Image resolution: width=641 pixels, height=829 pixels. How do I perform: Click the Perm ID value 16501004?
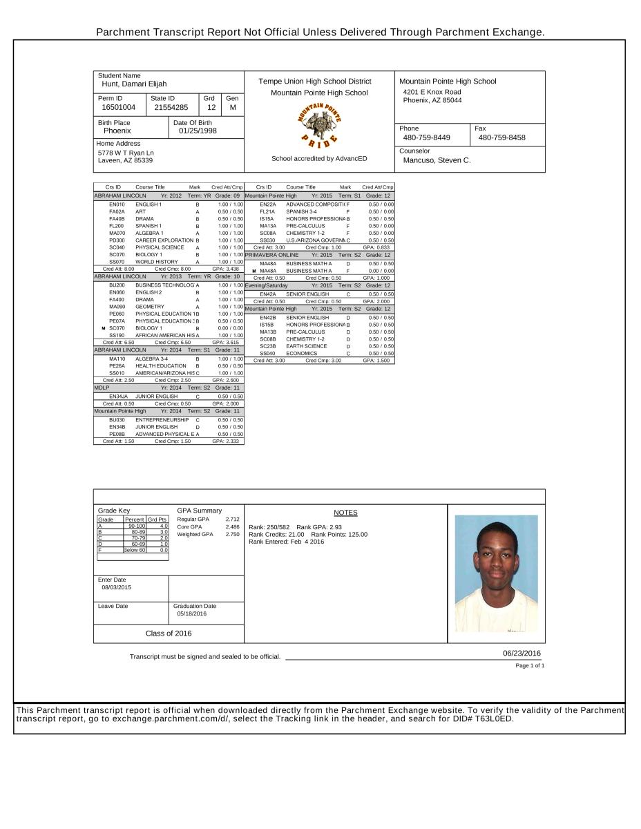click(119, 107)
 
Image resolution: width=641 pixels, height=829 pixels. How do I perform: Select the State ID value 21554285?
click(171, 107)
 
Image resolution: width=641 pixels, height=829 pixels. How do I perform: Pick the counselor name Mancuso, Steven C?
click(437, 160)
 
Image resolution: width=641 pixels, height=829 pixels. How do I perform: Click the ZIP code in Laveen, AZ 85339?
click(143, 160)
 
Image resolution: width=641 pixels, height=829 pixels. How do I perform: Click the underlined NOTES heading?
click(345, 513)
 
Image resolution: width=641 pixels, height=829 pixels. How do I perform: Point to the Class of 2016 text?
click(169, 633)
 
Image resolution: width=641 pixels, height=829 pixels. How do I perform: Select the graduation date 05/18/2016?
click(191, 613)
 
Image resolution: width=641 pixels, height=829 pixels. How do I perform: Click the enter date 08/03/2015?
click(115, 587)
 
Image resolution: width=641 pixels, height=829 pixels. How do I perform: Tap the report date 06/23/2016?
click(522, 653)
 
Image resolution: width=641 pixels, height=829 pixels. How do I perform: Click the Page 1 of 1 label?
click(530, 665)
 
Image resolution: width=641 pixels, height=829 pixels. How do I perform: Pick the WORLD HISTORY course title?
click(157, 262)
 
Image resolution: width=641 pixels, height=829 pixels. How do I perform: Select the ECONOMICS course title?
click(302, 353)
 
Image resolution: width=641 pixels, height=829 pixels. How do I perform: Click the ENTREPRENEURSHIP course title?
click(162, 419)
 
